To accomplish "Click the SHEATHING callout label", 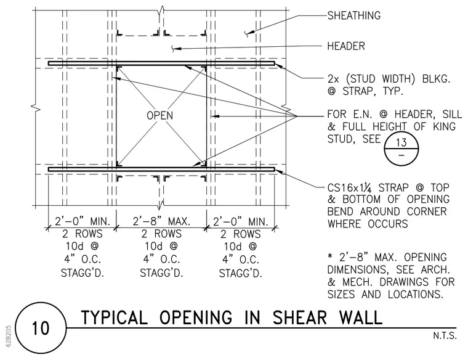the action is (x=354, y=15).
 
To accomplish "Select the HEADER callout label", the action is (x=346, y=46).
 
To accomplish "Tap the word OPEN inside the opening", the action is (x=159, y=116).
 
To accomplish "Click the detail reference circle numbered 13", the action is (x=401, y=148).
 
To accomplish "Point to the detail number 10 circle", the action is (x=40, y=328).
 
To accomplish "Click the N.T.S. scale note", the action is (x=445, y=335).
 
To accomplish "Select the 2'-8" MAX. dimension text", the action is (x=161, y=221).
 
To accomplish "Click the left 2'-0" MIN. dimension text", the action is (x=83, y=221).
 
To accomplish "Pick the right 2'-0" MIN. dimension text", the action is (x=241, y=222).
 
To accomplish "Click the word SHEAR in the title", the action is (x=299, y=317).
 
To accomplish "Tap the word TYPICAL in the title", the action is (x=115, y=317).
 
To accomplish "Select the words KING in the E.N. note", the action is (x=445, y=126).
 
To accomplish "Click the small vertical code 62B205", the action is (x=9, y=336).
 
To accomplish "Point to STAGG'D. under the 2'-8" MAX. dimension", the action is (x=161, y=272).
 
